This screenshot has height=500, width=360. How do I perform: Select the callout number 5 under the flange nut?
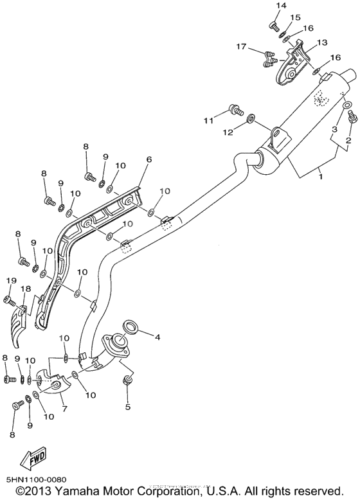coord(127,406)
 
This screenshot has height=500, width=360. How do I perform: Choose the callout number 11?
coord(207,120)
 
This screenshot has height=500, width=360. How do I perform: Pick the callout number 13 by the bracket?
coord(322,42)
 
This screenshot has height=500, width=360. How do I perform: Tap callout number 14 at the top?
coord(280,6)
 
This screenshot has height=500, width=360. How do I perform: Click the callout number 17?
coord(241,46)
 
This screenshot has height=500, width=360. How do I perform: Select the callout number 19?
coord(11,280)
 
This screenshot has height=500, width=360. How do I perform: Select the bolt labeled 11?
coord(235,111)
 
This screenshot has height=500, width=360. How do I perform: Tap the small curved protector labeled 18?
coord(19,324)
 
